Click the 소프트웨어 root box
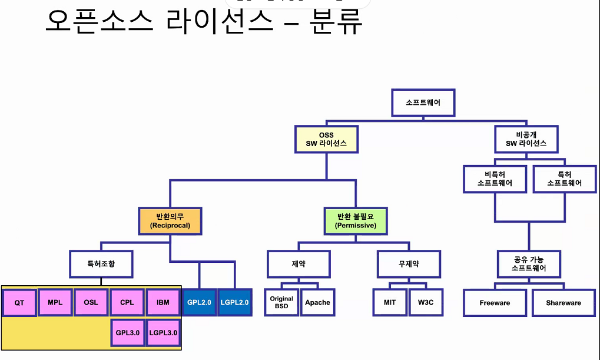pos(422,103)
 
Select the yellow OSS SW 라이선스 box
pos(326,140)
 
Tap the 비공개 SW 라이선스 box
pos(526,139)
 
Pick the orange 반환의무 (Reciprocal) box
pos(170,220)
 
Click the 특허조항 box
pos(101,263)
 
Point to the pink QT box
pos(19,303)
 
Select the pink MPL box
pos(55,302)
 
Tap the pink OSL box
pos(91,302)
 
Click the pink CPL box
pos(127,302)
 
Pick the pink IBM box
pos(163,302)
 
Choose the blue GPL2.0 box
pos(199,302)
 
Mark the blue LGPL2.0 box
pos(235,302)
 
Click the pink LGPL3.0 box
pos(163,333)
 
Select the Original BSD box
pos(281,302)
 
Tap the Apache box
pos(317,302)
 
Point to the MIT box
pos(389,302)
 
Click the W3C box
pos(425,302)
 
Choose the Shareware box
pos(563,302)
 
